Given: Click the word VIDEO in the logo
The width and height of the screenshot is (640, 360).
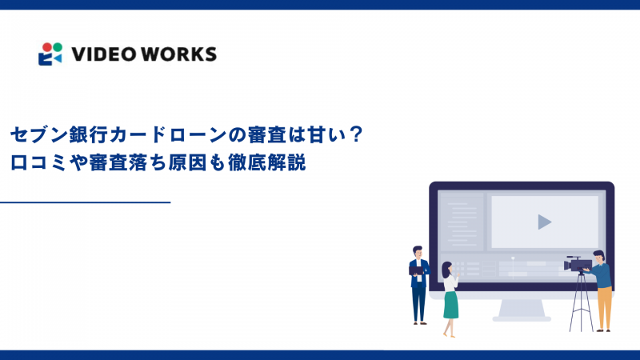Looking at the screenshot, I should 100,54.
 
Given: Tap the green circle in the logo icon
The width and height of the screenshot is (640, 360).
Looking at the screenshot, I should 56,46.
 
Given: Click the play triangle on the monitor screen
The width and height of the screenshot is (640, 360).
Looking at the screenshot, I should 544,222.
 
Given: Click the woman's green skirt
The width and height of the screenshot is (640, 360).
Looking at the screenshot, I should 451,303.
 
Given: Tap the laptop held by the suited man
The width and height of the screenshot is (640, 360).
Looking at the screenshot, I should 416,270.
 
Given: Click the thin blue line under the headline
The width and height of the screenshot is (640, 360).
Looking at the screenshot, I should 86,202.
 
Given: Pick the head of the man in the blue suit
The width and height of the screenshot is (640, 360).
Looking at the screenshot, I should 417,251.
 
